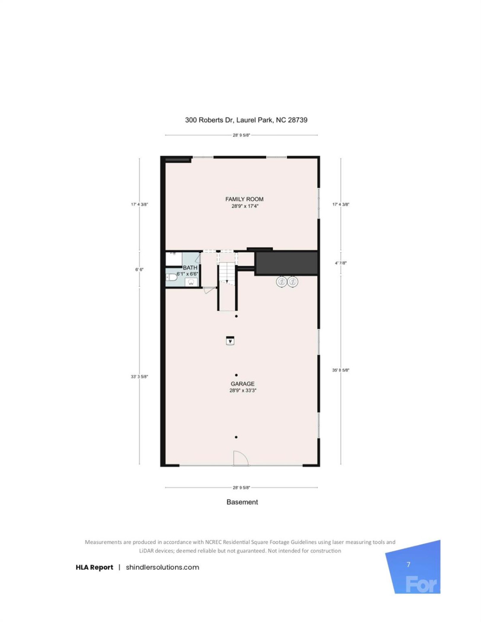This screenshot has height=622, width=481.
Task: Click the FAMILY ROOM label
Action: pos(244,199)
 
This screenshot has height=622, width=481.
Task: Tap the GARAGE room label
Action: pos(242,384)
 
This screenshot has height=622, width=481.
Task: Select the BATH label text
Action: pos(190,268)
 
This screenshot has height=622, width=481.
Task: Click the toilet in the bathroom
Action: pos(171,277)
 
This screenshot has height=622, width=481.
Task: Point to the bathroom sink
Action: pos(191,282)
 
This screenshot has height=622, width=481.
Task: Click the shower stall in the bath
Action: pos(173,259)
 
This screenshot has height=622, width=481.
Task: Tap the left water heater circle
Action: pos(282,282)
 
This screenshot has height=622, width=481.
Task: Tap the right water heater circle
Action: pos(293,282)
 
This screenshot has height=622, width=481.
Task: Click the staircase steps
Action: pos(227,272)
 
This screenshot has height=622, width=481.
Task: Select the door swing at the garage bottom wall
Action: pos(240,459)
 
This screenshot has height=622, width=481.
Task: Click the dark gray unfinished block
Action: pos(287,263)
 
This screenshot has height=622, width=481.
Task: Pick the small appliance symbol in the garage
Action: pos(230,341)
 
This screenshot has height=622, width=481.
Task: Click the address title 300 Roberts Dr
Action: pos(246,120)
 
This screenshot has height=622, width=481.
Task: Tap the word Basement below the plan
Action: pos(242,502)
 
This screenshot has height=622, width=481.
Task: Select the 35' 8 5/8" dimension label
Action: pos(340,370)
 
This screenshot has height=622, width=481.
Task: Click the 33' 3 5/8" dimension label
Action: pos(139,377)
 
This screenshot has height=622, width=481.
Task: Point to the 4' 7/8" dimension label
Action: pos(340,263)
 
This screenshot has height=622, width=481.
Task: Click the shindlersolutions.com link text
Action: pos(162,567)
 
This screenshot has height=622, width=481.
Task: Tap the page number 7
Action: pos(408,564)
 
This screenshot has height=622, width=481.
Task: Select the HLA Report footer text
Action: pos(94,567)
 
